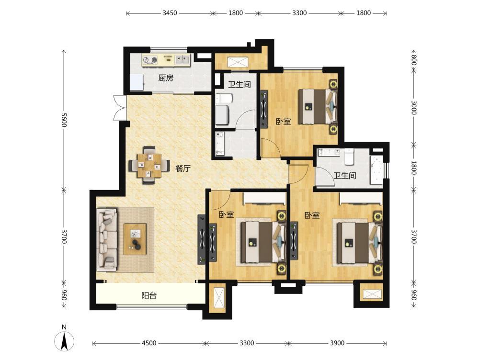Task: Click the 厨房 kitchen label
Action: click(x=166, y=78)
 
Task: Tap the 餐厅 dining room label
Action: click(x=183, y=168)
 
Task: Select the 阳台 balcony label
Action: click(x=149, y=295)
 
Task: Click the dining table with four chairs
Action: click(x=149, y=165)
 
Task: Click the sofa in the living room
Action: click(x=107, y=239)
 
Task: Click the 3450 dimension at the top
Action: click(x=170, y=13)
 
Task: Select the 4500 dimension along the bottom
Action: click(x=149, y=343)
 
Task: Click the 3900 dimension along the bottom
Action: click(x=337, y=343)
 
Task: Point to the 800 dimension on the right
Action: click(x=414, y=59)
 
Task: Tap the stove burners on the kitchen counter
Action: click(x=150, y=60)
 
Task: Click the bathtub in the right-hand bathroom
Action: click(x=376, y=170)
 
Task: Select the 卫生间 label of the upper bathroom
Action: click(x=239, y=84)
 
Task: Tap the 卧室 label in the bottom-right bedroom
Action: click(x=312, y=215)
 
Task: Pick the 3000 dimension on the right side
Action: click(x=414, y=108)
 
